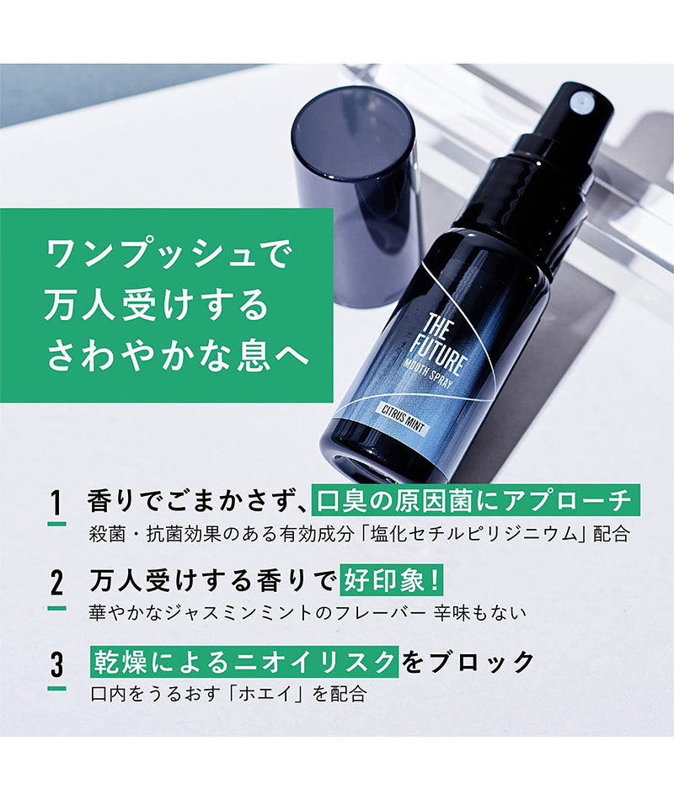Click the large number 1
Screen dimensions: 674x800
tap(57, 504)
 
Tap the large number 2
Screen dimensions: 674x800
tap(57, 584)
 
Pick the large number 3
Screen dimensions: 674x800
tap(57, 665)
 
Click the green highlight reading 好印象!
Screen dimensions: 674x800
tap(391, 582)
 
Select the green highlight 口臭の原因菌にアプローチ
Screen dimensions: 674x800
tap(475, 501)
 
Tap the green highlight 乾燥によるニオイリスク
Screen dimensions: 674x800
tap(244, 662)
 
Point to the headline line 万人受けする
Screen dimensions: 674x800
tap(157, 305)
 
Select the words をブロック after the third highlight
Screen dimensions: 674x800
tap(468, 662)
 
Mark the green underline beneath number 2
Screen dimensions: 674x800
tap(57, 608)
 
